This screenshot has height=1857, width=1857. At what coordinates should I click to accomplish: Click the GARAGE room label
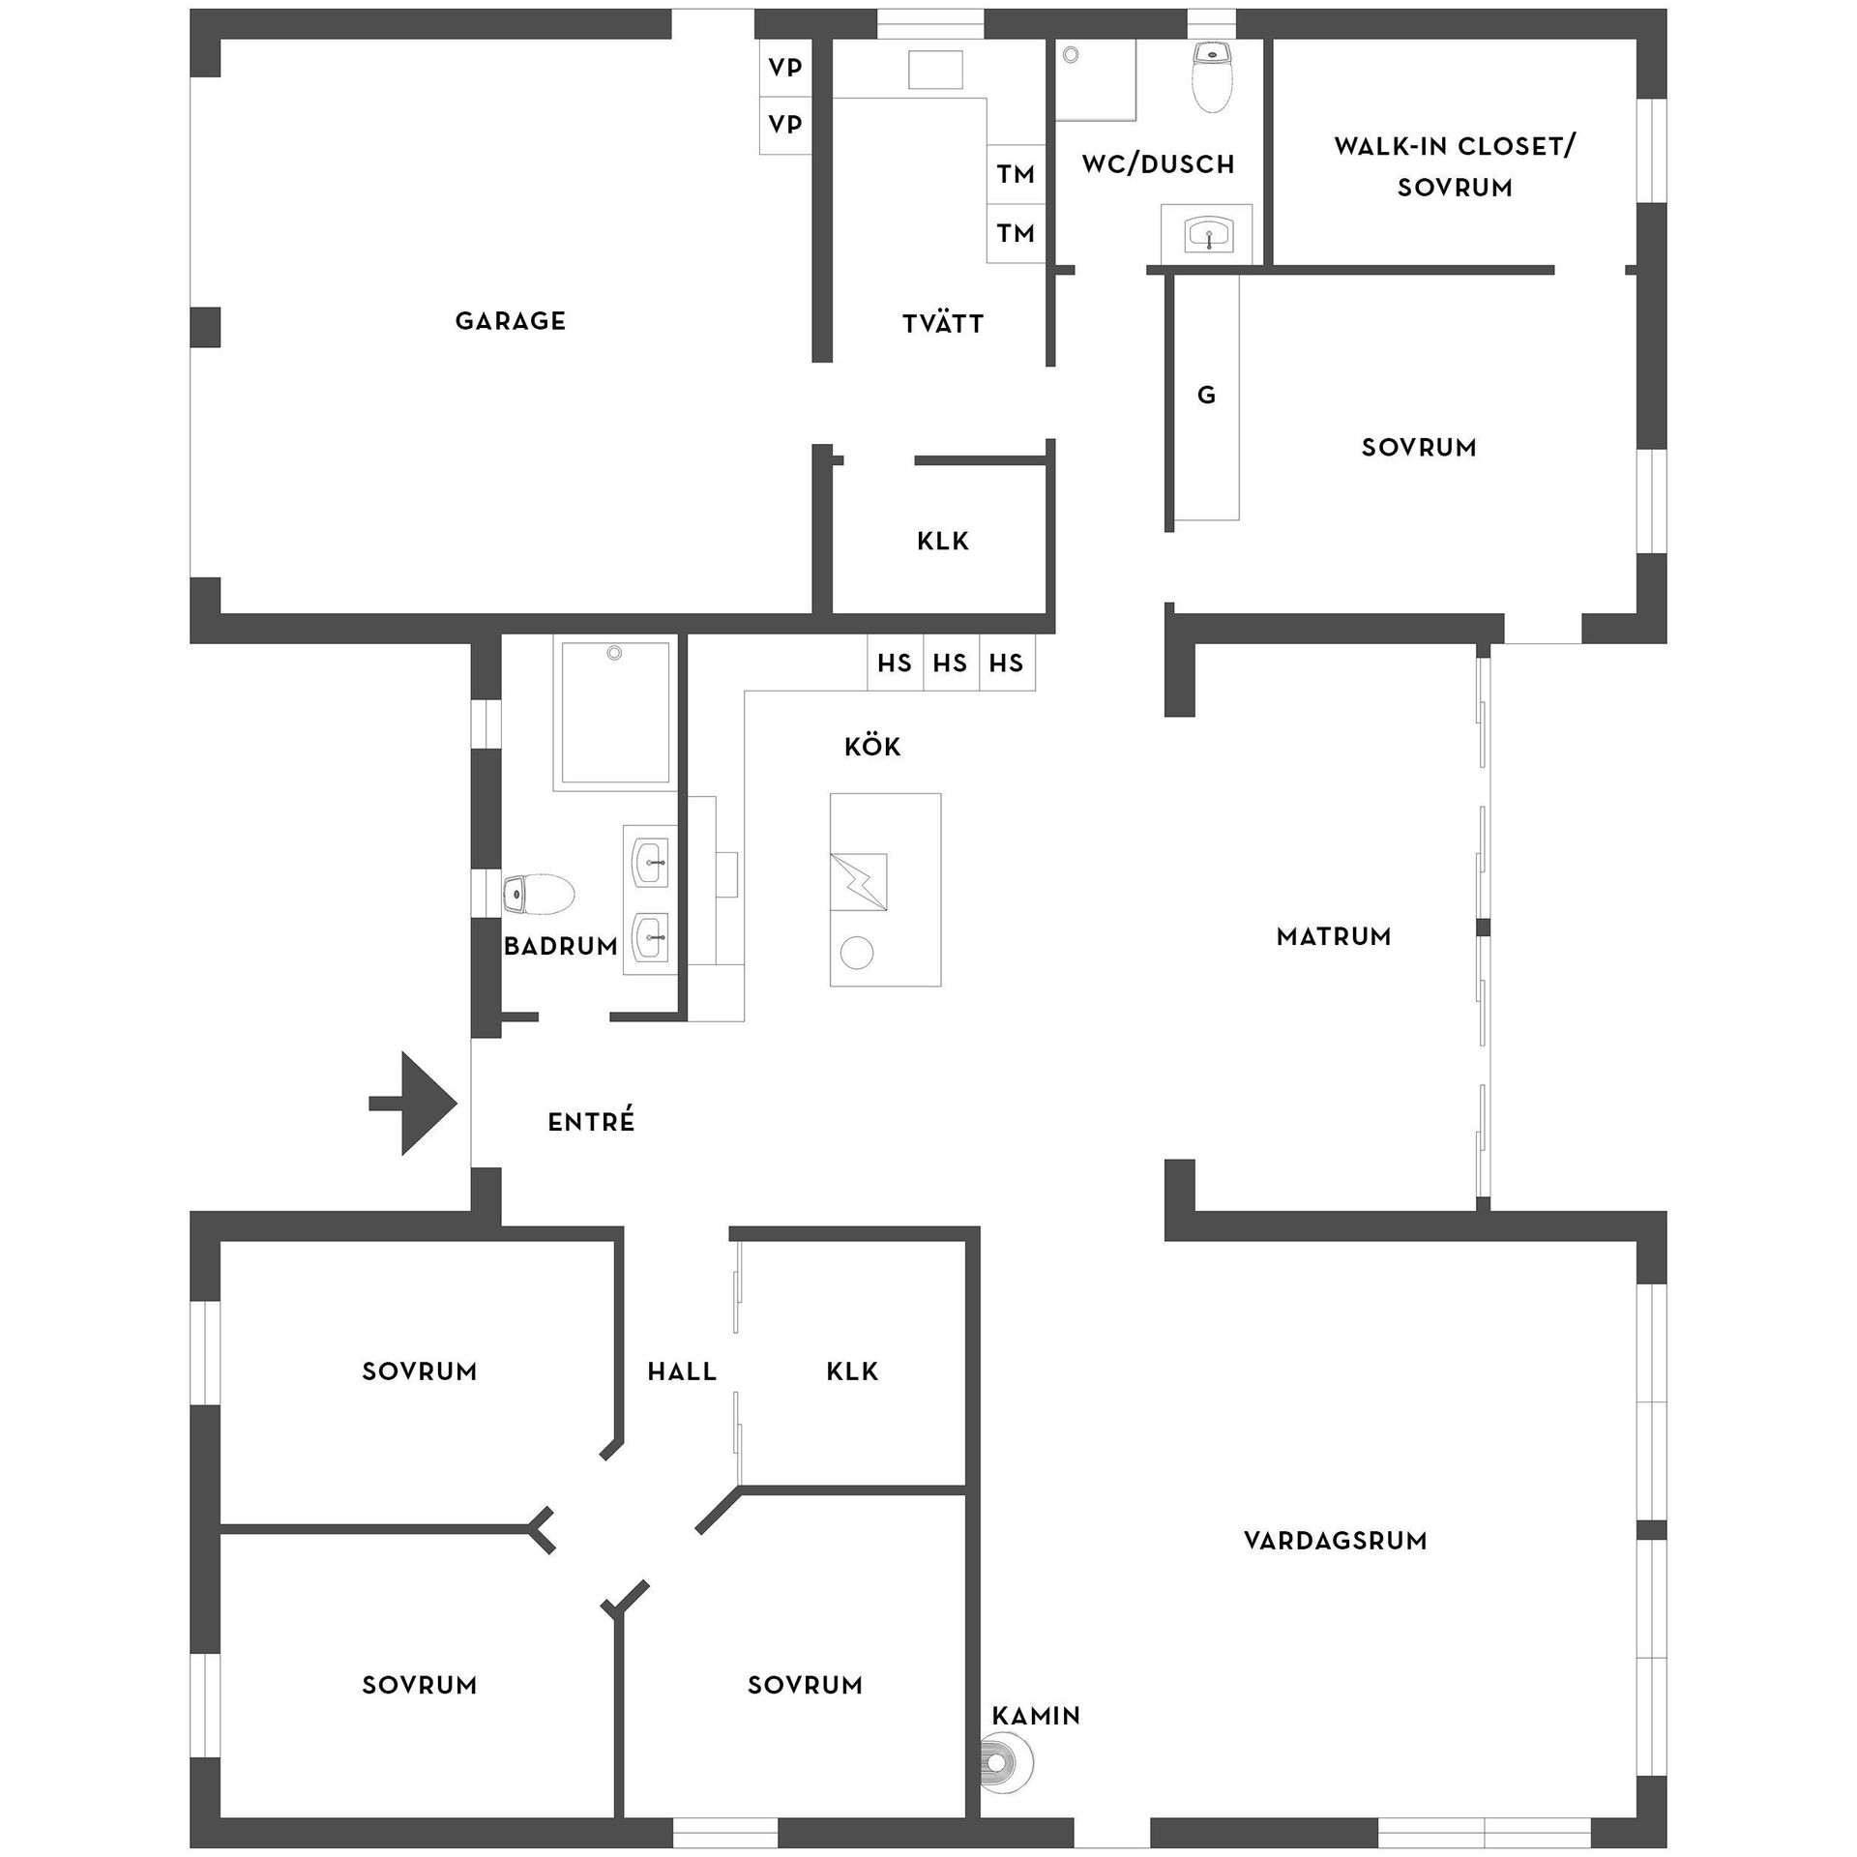pyautogui.click(x=510, y=321)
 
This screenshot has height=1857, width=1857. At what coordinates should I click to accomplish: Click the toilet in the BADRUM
pyautogui.click(x=539, y=894)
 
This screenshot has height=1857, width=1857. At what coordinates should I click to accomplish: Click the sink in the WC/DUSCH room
pyautogui.click(x=1208, y=233)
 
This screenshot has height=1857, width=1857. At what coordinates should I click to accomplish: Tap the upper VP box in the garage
pyautogui.click(x=784, y=68)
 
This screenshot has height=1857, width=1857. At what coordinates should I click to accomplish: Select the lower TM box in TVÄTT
pyautogui.click(x=1016, y=233)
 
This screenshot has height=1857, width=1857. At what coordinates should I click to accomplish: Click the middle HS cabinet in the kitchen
pyautogui.click(x=950, y=663)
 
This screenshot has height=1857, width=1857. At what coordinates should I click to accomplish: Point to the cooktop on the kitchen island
pyautogui.click(x=859, y=882)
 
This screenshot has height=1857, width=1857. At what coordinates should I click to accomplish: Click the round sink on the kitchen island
pyautogui.click(x=857, y=953)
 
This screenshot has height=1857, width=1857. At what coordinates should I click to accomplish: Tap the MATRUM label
pyautogui.click(x=1334, y=936)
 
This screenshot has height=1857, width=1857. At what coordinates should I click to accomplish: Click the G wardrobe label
pyautogui.click(x=1206, y=395)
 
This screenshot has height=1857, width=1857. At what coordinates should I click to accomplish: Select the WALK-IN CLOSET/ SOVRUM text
pyautogui.click(x=1455, y=166)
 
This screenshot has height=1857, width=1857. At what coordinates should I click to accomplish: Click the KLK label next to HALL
pyautogui.click(x=852, y=1371)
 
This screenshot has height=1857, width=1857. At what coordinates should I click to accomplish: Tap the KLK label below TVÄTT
pyautogui.click(x=942, y=541)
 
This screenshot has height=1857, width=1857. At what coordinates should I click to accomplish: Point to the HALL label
pyautogui.click(x=682, y=1371)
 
